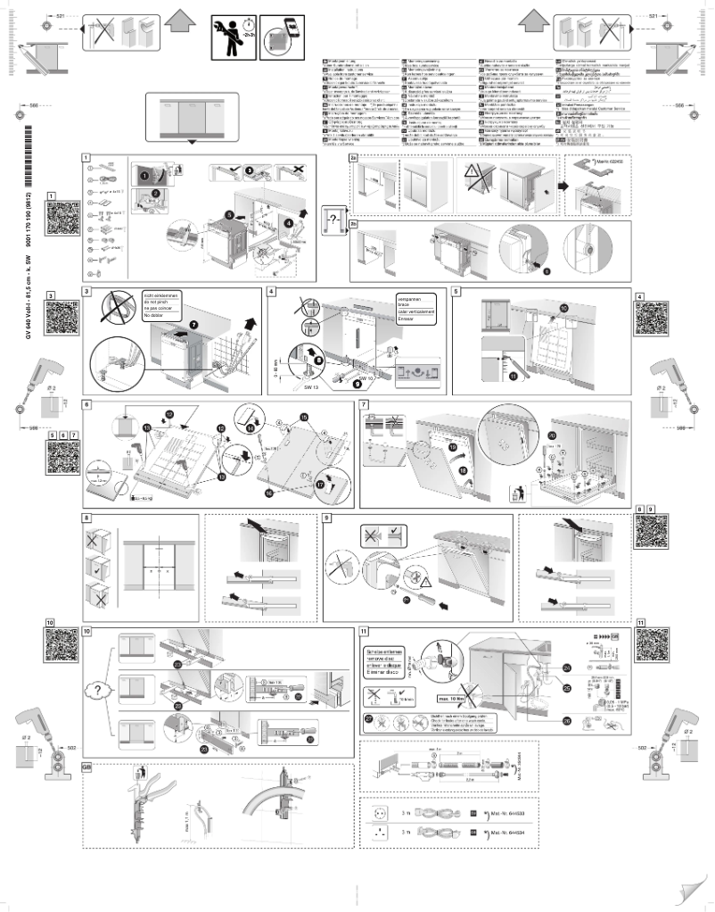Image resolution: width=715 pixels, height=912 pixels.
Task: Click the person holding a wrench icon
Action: click(x=233, y=37)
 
